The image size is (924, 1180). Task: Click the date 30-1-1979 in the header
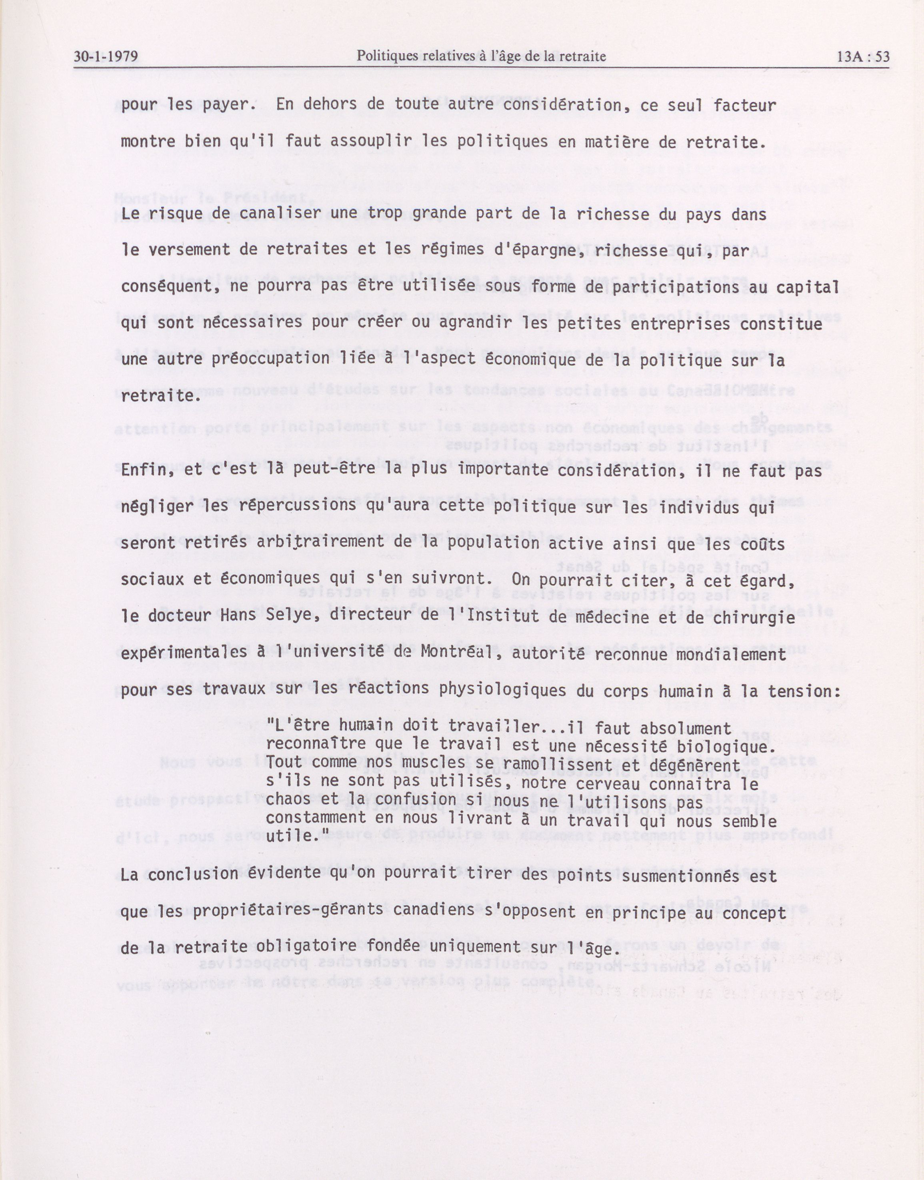point(106,56)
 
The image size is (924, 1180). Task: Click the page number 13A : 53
point(862,56)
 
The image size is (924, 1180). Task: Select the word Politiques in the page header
point(386,56)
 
